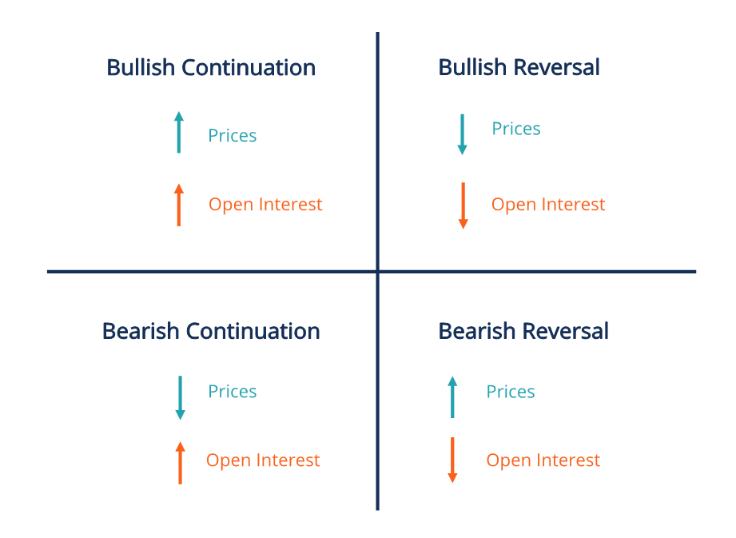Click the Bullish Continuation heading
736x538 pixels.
[211, 68]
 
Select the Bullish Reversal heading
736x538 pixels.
[519, 68]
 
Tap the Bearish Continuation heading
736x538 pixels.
[211, 331]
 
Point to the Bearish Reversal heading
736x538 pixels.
[523, 331]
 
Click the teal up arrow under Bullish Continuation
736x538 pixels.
[179, 132]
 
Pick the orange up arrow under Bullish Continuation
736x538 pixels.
[179, 205]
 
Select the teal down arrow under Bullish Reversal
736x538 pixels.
[462, 134]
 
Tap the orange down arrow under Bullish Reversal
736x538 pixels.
[463, 205]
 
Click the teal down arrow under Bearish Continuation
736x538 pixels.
[180, 397]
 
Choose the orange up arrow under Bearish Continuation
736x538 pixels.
[180, 462]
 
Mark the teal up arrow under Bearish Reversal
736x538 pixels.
[452, 397]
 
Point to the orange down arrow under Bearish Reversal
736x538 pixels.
[452, 460]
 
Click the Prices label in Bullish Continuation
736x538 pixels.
[233, 136]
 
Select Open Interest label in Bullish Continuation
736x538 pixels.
[265, 205]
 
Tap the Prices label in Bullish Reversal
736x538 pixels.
[516, 130]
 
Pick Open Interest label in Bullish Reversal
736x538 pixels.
[548, 205]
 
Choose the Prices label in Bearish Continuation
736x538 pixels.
[233, 392]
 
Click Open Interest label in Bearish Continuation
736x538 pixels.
[263, 460]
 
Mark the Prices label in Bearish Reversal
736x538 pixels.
[511, 392]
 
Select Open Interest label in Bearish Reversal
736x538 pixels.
[543, 460]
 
